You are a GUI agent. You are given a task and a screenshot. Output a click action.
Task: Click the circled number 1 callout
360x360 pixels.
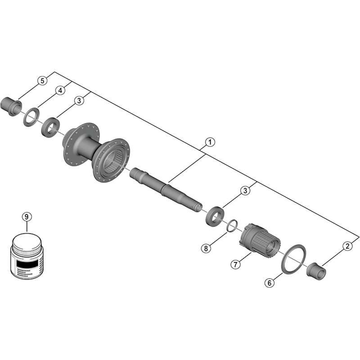pos(210,142)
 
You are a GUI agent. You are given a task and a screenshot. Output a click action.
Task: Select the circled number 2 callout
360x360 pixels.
pos(347,246)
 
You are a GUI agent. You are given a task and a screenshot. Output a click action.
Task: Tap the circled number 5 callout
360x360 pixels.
pos(42,81)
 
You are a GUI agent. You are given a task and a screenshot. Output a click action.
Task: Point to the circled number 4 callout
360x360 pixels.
pos(60,90)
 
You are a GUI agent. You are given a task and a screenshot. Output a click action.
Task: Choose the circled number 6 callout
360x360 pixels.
pos(270,283)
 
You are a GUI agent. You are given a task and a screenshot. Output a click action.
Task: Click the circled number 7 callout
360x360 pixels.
pos(235,265)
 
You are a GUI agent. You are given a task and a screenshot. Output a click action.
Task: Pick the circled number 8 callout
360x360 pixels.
pos(206,248)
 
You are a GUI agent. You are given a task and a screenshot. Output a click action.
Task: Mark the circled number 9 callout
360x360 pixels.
pos(27,216)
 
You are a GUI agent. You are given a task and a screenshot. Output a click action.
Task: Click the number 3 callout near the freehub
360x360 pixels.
pos(245,190)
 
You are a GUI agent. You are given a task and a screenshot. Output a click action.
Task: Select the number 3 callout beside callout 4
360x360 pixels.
pos(79,100)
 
